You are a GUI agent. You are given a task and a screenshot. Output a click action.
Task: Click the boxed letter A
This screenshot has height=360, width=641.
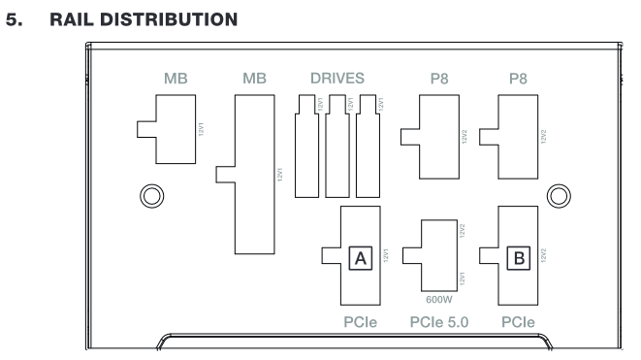click(361, 258)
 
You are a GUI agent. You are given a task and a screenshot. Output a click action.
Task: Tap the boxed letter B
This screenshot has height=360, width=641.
click(519, 258)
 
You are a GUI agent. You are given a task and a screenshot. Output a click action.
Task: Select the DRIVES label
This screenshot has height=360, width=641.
click(337, 79)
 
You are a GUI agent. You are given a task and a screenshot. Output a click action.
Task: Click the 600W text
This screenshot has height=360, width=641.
click(439, 300)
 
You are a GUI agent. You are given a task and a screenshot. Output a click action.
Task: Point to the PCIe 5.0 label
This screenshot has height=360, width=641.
click(439, 322)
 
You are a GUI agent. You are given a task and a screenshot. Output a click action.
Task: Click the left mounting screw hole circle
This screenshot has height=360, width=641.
click(151, 196)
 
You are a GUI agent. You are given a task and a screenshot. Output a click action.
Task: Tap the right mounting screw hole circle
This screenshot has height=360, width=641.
click(559, 196)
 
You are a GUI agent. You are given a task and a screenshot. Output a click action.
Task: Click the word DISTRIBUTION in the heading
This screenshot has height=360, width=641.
click(169, 19)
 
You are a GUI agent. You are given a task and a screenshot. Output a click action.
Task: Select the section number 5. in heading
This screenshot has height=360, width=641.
click(15, 19)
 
